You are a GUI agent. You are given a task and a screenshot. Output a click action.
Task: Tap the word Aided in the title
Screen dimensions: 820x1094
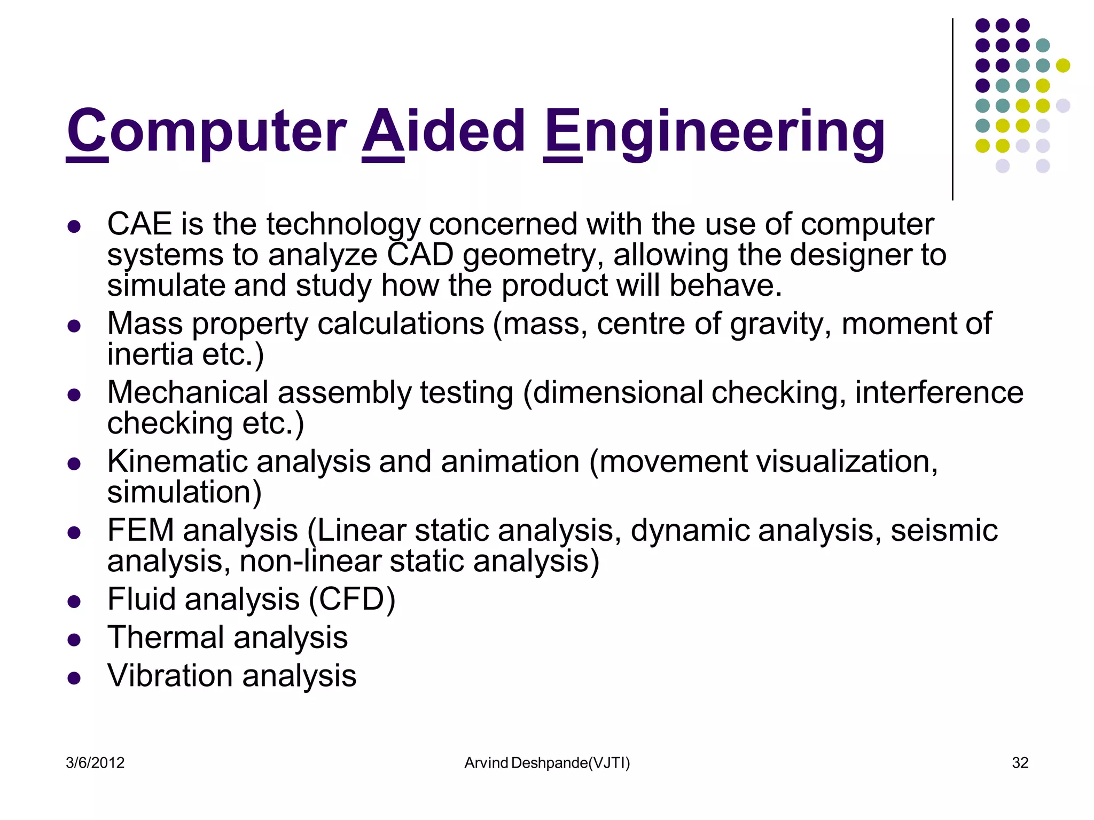point(444,131)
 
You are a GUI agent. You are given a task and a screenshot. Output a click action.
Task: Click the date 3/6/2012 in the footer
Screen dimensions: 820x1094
point(95,762)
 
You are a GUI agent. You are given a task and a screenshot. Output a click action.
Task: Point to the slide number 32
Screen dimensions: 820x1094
point(1020,762)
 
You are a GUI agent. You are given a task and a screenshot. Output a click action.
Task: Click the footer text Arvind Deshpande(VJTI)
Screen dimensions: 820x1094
point(547,763)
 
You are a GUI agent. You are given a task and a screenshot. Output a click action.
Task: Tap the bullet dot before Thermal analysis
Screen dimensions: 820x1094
point(74,640)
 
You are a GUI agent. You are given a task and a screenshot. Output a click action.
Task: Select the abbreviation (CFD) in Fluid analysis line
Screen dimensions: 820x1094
point(352,599)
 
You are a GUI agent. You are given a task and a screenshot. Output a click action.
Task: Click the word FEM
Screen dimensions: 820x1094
point(140,530)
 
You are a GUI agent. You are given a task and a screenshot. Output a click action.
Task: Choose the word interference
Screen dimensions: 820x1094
point(939,392)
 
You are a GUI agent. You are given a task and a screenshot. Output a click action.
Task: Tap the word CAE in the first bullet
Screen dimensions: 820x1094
point(139,224)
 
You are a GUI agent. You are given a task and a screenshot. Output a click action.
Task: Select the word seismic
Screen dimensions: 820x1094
point(944,530)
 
